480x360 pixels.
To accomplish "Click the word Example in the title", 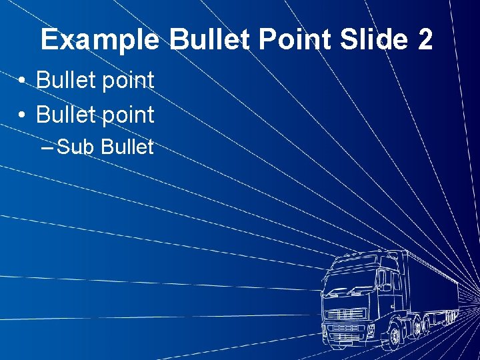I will (99, 41).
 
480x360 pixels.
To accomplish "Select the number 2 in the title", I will (425, 40).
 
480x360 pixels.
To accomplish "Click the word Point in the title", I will (295, 41).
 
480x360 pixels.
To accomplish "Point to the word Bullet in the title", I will (209, 40).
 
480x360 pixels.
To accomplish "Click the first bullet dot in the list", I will (23, 82).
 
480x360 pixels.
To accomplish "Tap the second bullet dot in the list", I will (23, 116).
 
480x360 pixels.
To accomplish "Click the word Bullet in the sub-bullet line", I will (127, 147).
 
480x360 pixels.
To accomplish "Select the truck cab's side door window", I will (384, 281).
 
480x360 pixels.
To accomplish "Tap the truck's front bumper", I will (347, 337).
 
